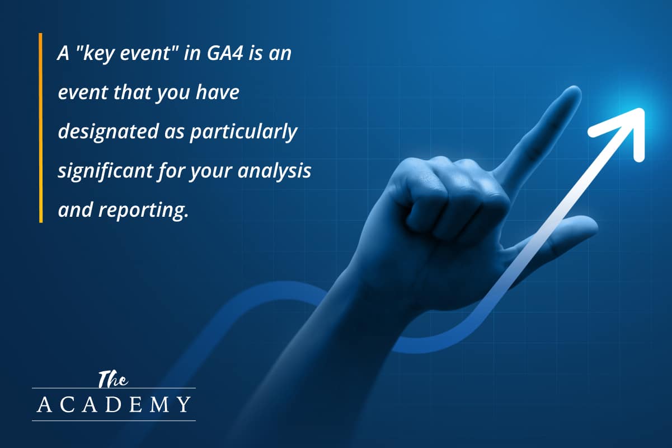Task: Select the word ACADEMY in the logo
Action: click(114, 404)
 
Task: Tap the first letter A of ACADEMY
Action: click(43, 404)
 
